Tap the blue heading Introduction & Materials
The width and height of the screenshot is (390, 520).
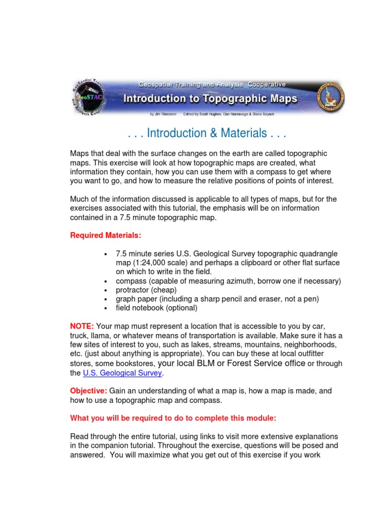coord(207,133)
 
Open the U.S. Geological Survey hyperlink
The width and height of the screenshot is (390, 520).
coord(122,373)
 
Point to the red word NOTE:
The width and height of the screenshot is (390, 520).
coord(82,326)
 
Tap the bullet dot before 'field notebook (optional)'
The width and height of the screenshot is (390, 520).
coord(105,308)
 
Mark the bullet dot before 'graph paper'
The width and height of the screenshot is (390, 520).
coord(105,299)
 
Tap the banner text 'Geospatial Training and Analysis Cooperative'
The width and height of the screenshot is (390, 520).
coord(212,84)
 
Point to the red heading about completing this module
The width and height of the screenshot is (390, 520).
coord(173,418)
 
